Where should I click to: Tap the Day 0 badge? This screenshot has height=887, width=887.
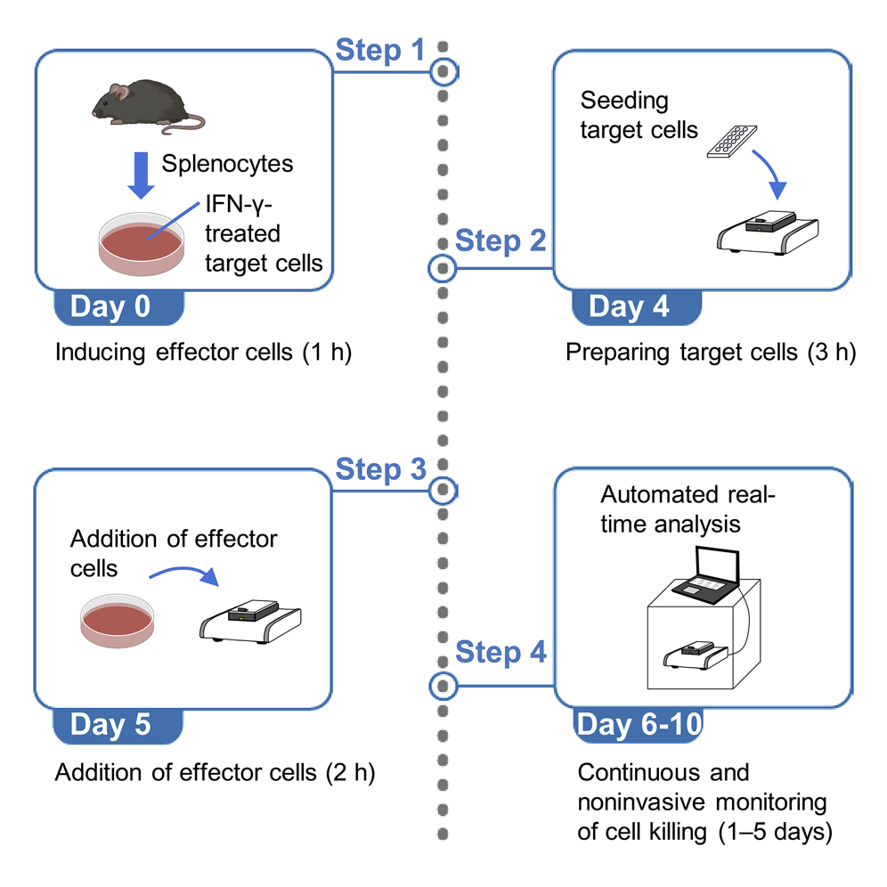tap(121, 308)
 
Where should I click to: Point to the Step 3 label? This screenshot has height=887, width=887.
tap(381, 469)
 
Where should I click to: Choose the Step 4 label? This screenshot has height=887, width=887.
tap(500, 653)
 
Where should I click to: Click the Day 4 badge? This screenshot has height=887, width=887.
tap(628, 308)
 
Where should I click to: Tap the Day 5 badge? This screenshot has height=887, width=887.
tap(121, 726)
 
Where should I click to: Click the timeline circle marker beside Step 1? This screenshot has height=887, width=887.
tap(443, 70)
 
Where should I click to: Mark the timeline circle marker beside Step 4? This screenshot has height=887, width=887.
tap(443, 686)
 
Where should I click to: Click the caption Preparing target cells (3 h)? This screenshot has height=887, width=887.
tap(710, 352)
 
